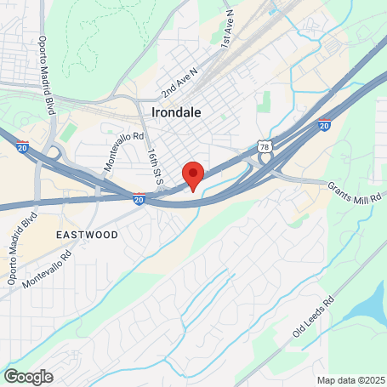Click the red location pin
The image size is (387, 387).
[x=193, y=174]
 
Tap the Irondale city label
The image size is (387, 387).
[x=178, y=112]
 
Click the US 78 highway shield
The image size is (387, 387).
[x=265, y=147]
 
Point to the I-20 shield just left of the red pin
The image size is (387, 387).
[x=139, y=198]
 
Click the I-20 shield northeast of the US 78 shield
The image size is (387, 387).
[x=324, y=125]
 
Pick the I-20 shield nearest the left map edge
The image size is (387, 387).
[x=22, y=146]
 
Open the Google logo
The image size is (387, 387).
[x=28, y=376]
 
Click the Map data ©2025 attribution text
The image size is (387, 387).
[x=350, y=380]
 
